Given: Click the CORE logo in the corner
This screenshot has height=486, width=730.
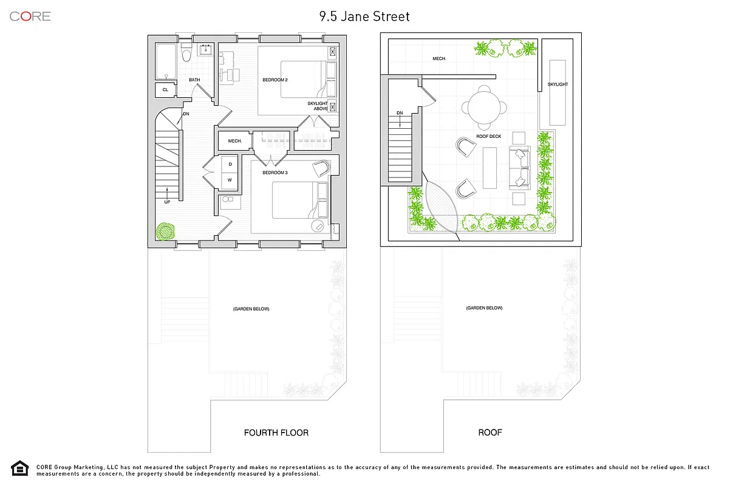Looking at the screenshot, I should click(x=30, y=16).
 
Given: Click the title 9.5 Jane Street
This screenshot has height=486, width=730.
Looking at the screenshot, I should click(x=365, y=16).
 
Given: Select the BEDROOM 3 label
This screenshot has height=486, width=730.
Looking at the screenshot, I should click(x=275, y=173).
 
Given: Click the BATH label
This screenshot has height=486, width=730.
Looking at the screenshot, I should click(x=194, y=80).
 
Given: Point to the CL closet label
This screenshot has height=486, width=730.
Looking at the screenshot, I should click(x=165, y=90).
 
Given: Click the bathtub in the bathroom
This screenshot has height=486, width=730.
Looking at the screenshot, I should click(x=165, y=61).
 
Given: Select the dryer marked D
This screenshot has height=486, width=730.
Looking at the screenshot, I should click(x=230, y=164).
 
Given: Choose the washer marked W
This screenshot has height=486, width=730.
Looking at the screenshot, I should click(x=230, y=180).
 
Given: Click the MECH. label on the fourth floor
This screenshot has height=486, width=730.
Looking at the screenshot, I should click(x=235, y=141).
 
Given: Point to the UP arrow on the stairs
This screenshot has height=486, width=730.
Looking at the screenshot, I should click(x=166, y=198).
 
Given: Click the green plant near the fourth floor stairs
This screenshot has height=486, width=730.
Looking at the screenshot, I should click(x=165, y=231).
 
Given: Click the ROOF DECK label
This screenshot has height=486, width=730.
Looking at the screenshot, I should click(x=488, y=137).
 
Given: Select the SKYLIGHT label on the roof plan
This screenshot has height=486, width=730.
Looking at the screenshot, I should click(x=558, y=84).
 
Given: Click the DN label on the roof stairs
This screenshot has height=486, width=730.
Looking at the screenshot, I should click(x=400, y=112).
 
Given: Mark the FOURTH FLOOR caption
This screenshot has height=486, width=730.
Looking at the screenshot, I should click(x=276, y=433).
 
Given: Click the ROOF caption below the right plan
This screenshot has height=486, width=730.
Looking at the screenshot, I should click(x=490, y=433).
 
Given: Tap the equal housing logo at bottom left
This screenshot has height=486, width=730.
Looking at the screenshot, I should click(x=20, y=468).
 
